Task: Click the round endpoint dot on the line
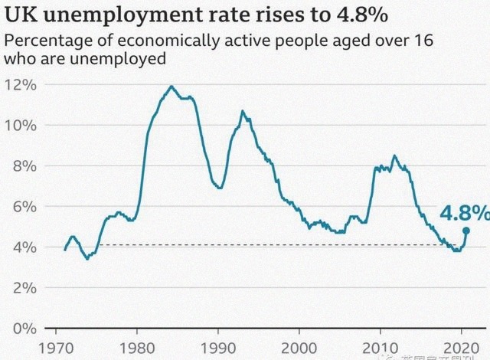(x=465, y=230)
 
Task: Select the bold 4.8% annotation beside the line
(x=464, y=211)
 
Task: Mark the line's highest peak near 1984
(x=171, y=87)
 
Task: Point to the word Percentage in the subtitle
(x=44, y=41)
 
